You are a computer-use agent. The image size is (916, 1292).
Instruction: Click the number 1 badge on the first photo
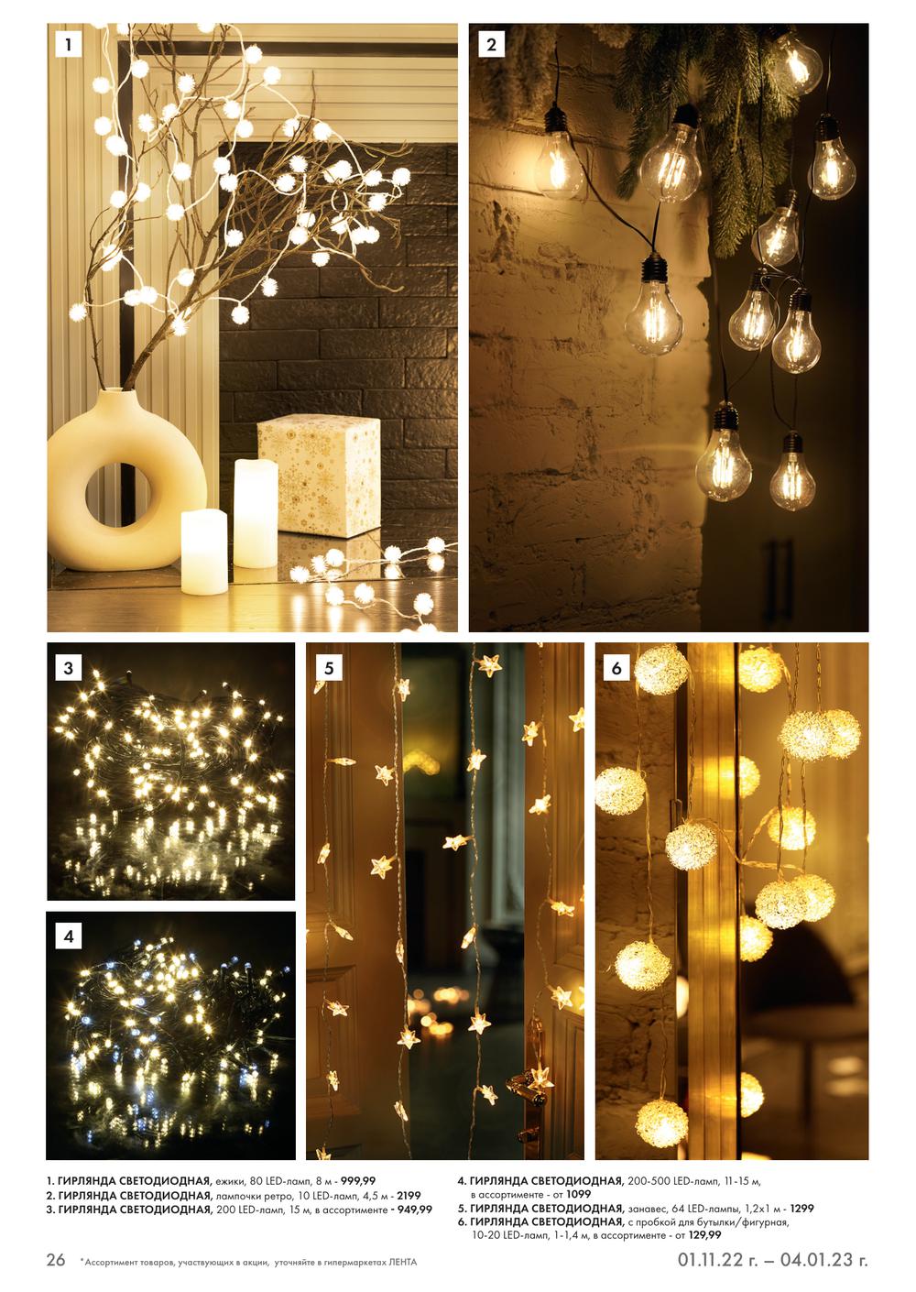[x=68, y=44]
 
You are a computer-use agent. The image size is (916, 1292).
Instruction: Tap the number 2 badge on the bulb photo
[x=491, y=44]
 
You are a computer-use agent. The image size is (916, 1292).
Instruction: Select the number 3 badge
[x=68, y=668]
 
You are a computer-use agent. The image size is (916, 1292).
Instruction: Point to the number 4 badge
[x=68, y=936]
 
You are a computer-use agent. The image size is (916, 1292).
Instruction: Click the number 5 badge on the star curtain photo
[x=329, y=668]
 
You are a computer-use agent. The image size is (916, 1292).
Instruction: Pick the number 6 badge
[x=616, y=668]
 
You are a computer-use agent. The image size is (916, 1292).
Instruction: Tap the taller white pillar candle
[x=256, y=513]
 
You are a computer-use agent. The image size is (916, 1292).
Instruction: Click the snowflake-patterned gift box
[x=319, y=476]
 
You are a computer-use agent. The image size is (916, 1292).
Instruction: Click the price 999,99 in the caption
[x=358, y=1181]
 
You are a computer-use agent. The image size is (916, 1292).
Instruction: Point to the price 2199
[x=409, y=1196]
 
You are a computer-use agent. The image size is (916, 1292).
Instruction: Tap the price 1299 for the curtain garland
[x=801, y=1209]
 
